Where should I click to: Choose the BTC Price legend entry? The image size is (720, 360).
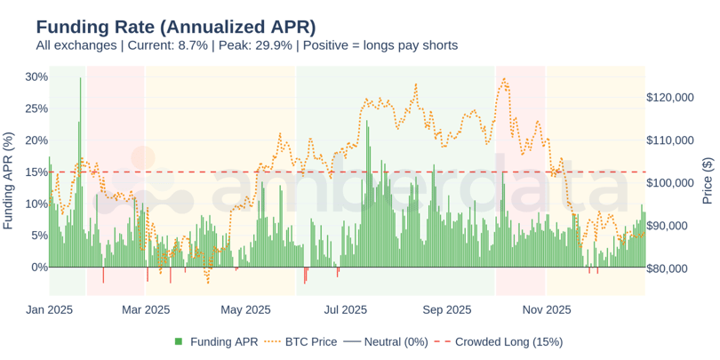coord(302,341)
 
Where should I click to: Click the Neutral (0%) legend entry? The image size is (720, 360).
coord(389,341)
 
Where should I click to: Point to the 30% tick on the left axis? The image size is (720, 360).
coord(36,77)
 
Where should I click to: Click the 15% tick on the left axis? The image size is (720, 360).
coord(36,172)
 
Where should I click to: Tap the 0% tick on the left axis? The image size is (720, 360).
coord(40,267)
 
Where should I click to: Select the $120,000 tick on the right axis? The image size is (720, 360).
coord(675,98)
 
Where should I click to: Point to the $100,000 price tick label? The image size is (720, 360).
coord(675,183)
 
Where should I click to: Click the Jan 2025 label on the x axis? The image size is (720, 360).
coord(48,309)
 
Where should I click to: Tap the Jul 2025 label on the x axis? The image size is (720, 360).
coord(346,309)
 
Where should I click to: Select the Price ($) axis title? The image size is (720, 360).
coord(708,180)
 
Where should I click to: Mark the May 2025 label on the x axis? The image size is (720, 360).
coord(245,309)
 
